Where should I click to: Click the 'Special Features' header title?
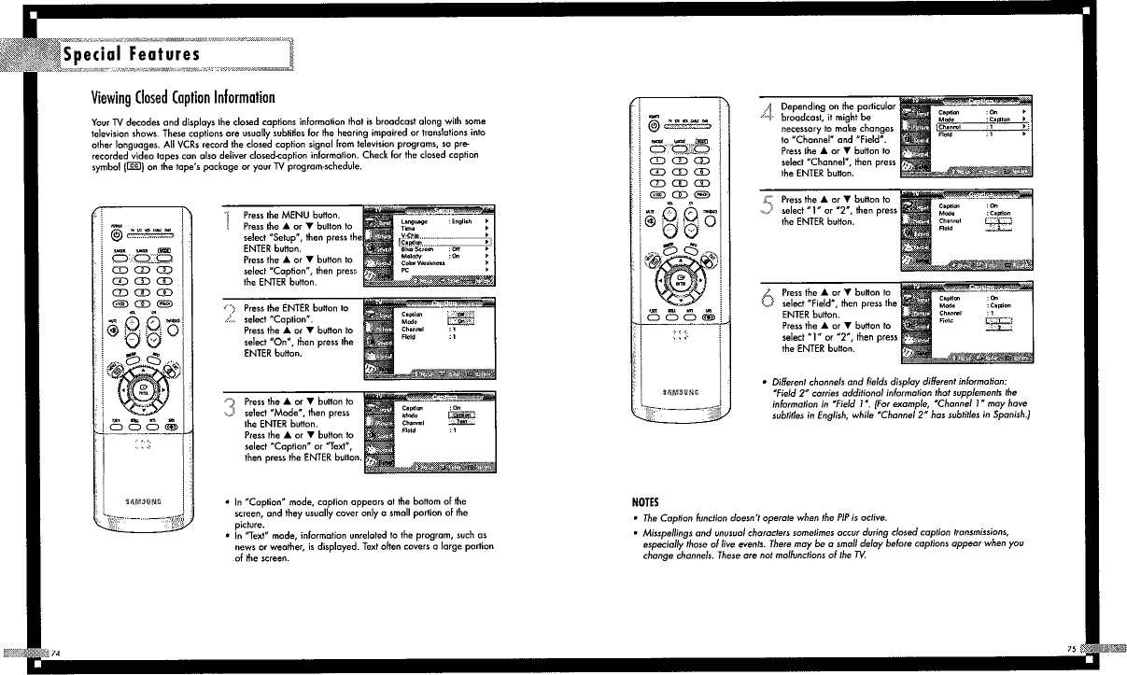131,54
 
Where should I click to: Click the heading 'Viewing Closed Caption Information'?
182,97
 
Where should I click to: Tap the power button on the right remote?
654,125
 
